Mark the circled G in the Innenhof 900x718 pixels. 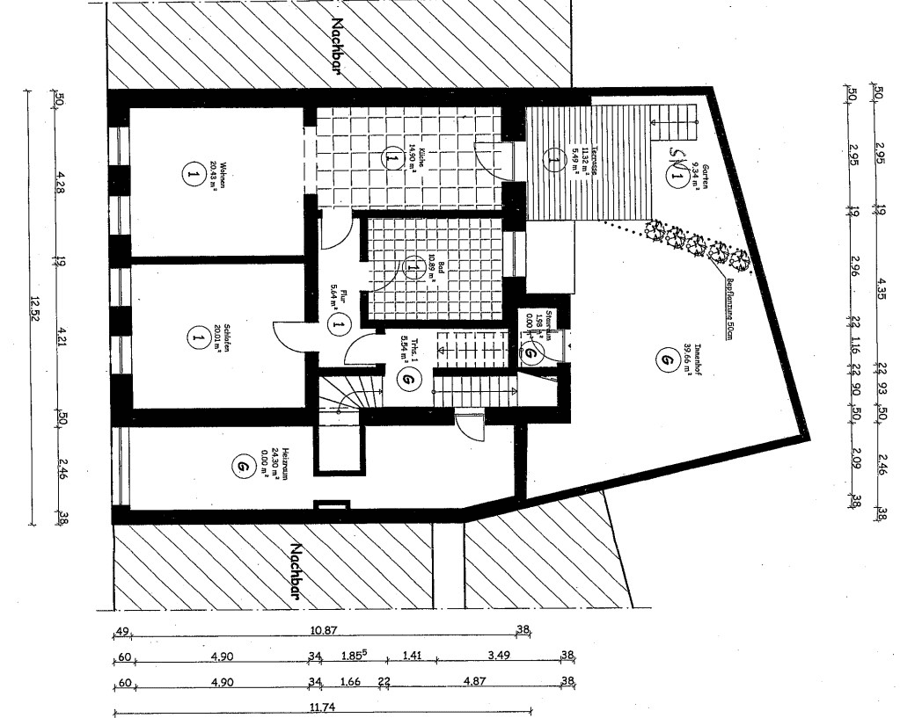click(660, 358)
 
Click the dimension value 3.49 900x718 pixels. click(498, 656)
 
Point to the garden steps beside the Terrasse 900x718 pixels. click(673, 113)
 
